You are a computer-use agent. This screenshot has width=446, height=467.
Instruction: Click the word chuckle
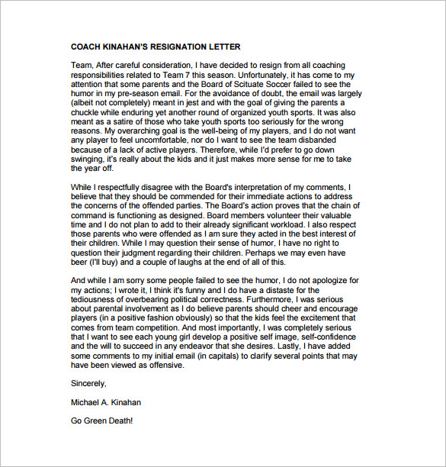(89, 112)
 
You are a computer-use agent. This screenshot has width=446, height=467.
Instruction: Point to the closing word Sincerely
(89, 383)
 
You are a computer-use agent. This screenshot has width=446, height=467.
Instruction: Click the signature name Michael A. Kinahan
(106, 401)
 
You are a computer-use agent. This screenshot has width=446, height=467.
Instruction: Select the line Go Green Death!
(101, 420)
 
